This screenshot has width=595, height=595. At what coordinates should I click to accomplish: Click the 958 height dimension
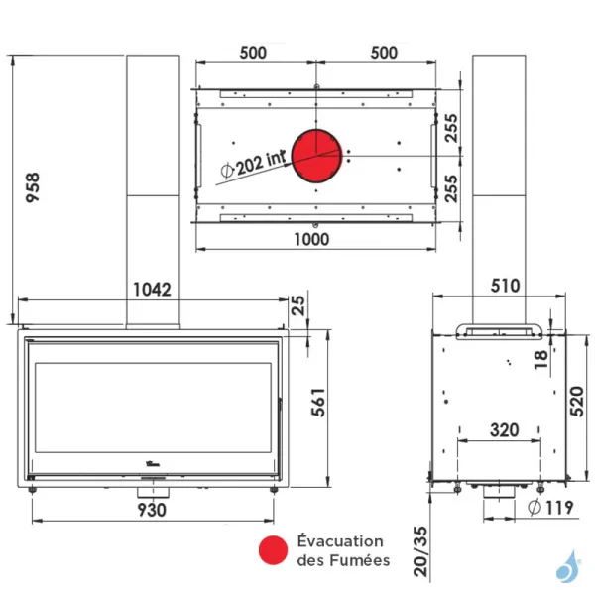click(33, 183)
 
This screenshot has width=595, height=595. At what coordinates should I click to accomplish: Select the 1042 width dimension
click(152, 290)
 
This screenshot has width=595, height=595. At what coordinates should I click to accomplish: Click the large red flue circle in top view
click(315, 156)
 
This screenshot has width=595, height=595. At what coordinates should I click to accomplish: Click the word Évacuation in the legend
click(340, 541)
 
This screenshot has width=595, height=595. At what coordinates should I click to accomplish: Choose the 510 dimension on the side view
click(505, 286)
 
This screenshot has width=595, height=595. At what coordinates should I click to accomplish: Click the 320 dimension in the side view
click(505, 430)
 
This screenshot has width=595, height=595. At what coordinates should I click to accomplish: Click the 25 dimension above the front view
click(298, 308)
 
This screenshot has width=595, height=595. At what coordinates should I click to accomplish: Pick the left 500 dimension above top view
click(253, 53)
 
